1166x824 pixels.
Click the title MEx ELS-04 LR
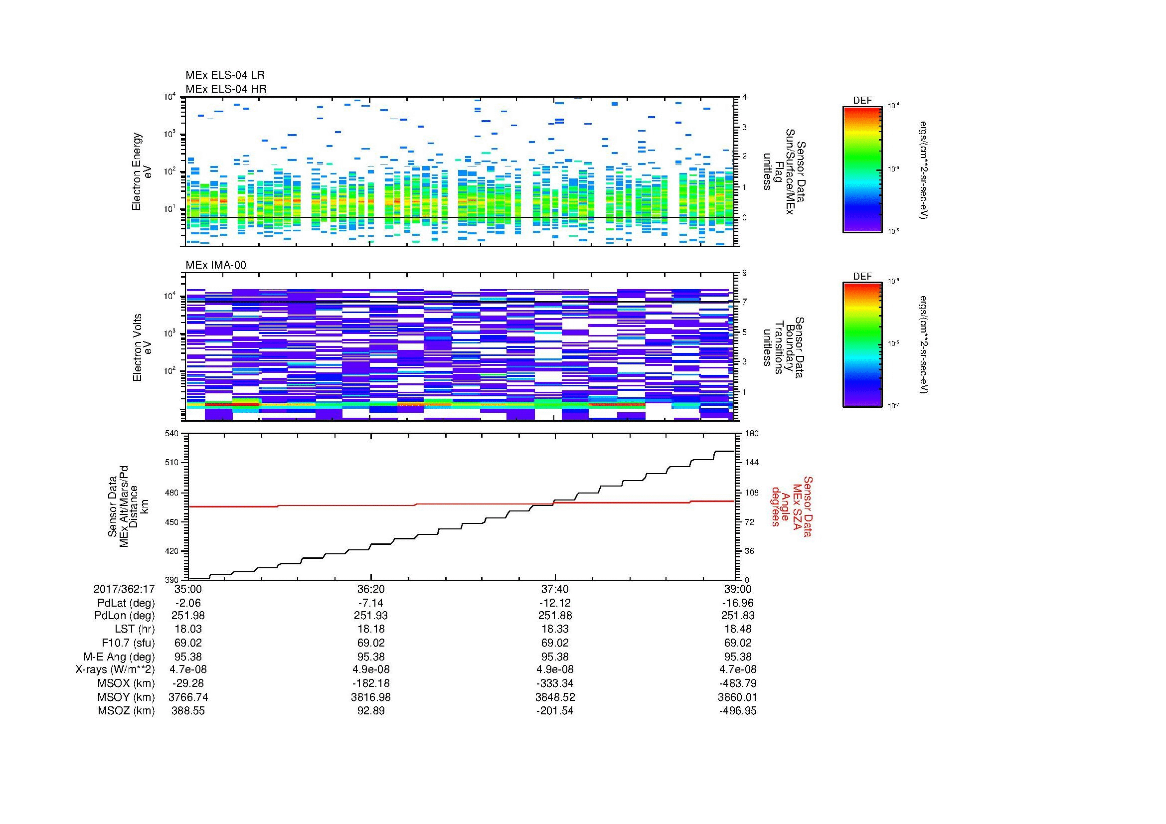[x=225, y=75]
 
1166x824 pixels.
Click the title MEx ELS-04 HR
[x=226, y=89]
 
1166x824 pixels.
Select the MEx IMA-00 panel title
[x=216, y=265]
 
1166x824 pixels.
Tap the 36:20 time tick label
[x=371, y=589]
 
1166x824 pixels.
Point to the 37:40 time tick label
[x=554, y=589]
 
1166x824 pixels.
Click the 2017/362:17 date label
[x=124, y=589]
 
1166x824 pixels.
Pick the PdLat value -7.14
[x=371, y=603]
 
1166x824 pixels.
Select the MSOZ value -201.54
[x=554, y=711]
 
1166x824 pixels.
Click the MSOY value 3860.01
[x=737, y=697]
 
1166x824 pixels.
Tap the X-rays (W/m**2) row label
[x=115, y=669]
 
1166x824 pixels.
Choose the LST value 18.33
[x=554, y=629]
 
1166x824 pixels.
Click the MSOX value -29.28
[x=188, y=683]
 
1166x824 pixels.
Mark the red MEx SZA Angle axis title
[x=791, y=506]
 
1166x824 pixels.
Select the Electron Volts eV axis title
[x=143, y=347]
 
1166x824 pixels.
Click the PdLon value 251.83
[x=737, y=616]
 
